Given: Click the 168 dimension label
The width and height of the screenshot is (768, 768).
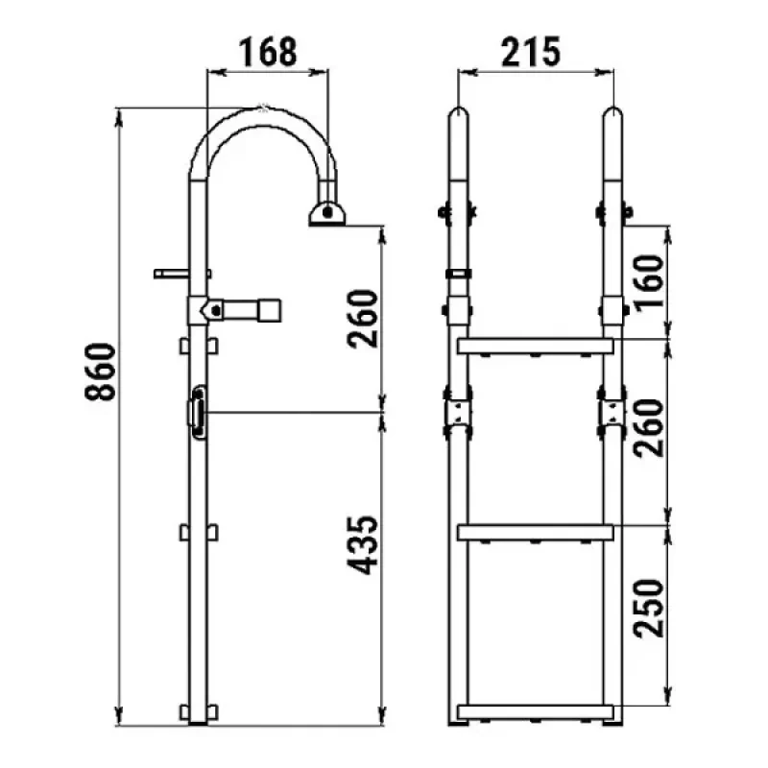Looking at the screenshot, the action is [268, 52].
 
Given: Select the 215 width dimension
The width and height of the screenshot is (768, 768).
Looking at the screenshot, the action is [531, 52].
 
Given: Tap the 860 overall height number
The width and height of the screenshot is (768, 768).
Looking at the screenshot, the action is [101, 372].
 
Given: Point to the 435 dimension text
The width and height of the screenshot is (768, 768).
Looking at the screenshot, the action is [363, 544].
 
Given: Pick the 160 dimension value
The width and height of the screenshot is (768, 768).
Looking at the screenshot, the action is [649, 281].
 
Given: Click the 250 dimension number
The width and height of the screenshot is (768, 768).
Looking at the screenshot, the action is [649, 609].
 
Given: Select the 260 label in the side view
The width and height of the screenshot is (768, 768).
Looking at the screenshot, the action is [363, 319].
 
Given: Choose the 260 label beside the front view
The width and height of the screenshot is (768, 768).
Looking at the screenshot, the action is [649, 427].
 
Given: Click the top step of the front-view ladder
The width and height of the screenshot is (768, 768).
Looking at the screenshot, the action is [536, 346].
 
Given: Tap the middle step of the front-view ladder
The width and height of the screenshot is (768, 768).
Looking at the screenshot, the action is [536, 533].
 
